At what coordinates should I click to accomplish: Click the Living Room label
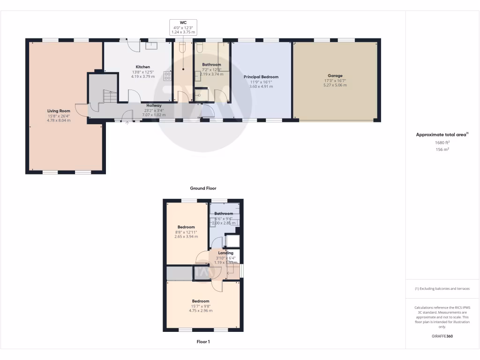(x=59, y=111)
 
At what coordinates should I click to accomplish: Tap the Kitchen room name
(x=143, y=67)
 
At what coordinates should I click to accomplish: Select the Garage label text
(x=335, y=75)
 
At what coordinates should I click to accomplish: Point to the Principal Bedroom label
(x=261, y=77)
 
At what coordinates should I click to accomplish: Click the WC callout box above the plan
(x=183, y=27)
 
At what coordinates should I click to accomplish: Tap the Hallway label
(x=154, y=105)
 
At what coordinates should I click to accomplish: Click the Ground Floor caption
(x=202, y=188)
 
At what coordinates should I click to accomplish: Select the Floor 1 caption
(x=202, y=342)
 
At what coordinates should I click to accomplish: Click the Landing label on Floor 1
(x=225, y=253)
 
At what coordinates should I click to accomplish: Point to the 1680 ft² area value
(x=442, y=142)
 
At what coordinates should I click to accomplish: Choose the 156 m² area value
(x=442, y=150)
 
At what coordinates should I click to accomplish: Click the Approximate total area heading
(x=442, y=135)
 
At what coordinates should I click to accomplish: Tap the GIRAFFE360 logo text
(x=442, y=337)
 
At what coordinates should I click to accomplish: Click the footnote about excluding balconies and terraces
(x=442, y=289)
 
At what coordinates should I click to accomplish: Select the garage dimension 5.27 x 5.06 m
(x=335, y=85)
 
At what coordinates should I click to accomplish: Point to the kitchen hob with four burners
(x=167, y=76)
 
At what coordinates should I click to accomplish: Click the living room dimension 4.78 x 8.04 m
(x=59, y=120)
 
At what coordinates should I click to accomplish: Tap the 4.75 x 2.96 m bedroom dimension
(x=201, y=310)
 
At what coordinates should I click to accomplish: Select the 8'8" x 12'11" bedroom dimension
(x=187, y=232)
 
